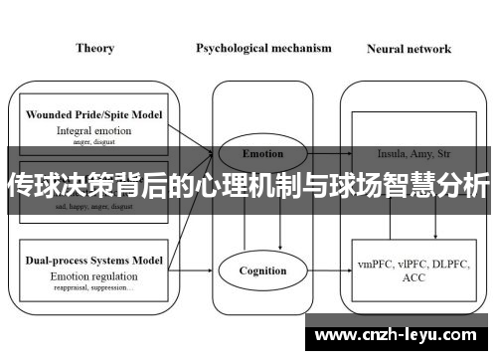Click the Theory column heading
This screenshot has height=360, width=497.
click(94, 48)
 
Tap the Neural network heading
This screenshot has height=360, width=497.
click(409, 48)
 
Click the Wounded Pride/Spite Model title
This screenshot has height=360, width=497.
click(95, 115)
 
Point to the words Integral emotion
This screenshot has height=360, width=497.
click(94, 129)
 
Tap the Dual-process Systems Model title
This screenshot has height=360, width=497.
click(95, 259)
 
